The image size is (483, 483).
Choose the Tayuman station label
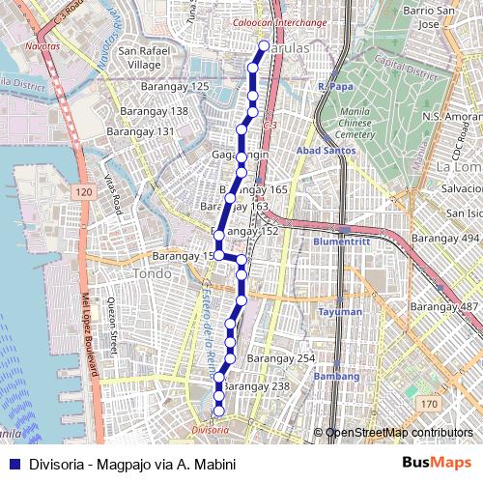tap(341, 312)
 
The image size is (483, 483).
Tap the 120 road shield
tap(84, 194)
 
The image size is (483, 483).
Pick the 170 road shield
tap(428, 402)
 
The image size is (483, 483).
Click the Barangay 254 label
tap(281, 358)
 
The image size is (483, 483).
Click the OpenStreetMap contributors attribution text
tap(399, 433)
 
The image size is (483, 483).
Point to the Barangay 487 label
tap(445, 306)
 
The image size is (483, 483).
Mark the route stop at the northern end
tap(264, 44)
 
